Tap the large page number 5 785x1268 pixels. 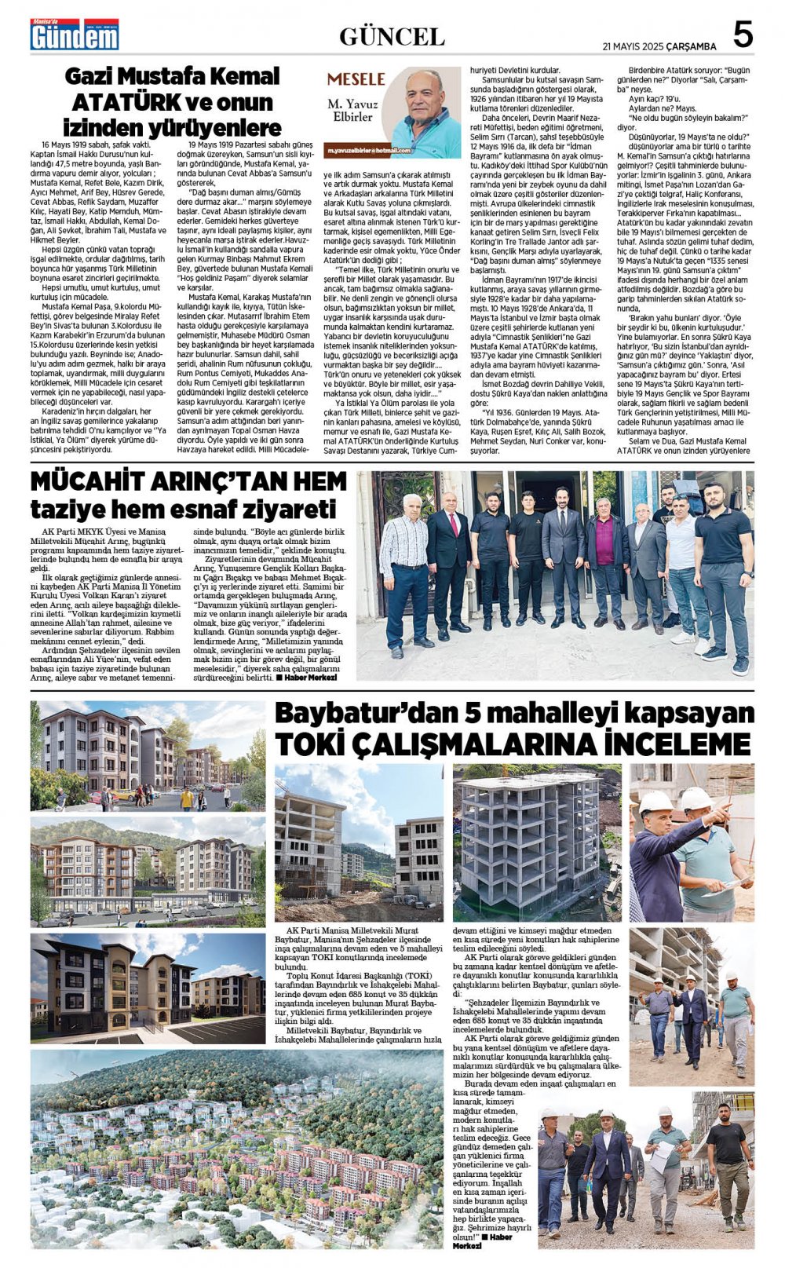(742, 35)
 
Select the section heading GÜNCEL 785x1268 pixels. (392, 36)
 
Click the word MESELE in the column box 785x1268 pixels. (356, 79)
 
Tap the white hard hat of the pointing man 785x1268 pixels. (655, 802)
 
